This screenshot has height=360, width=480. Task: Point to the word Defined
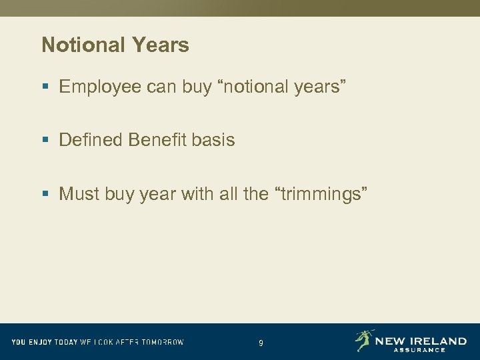tap(91, 140)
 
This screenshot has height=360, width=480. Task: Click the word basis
tap(213, 140)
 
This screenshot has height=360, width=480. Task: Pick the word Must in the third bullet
tap(76, 194)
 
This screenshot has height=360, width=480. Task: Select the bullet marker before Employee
tap(45, 87)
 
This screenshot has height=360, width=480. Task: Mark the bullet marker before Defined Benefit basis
tap(45, 141)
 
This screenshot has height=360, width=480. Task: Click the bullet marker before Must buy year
tap(45, 195)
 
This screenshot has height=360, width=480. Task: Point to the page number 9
tap(261, 343)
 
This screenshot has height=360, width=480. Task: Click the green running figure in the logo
tap(364, 340)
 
